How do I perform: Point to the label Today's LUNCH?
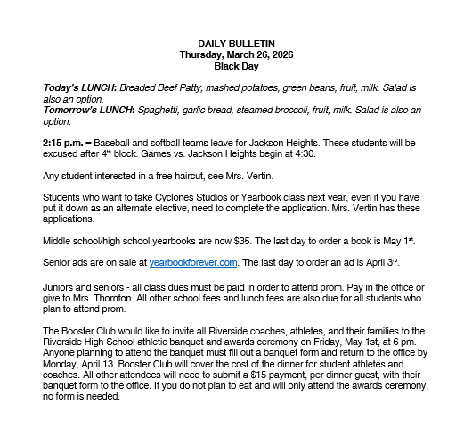72,90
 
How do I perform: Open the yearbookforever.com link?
193,262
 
